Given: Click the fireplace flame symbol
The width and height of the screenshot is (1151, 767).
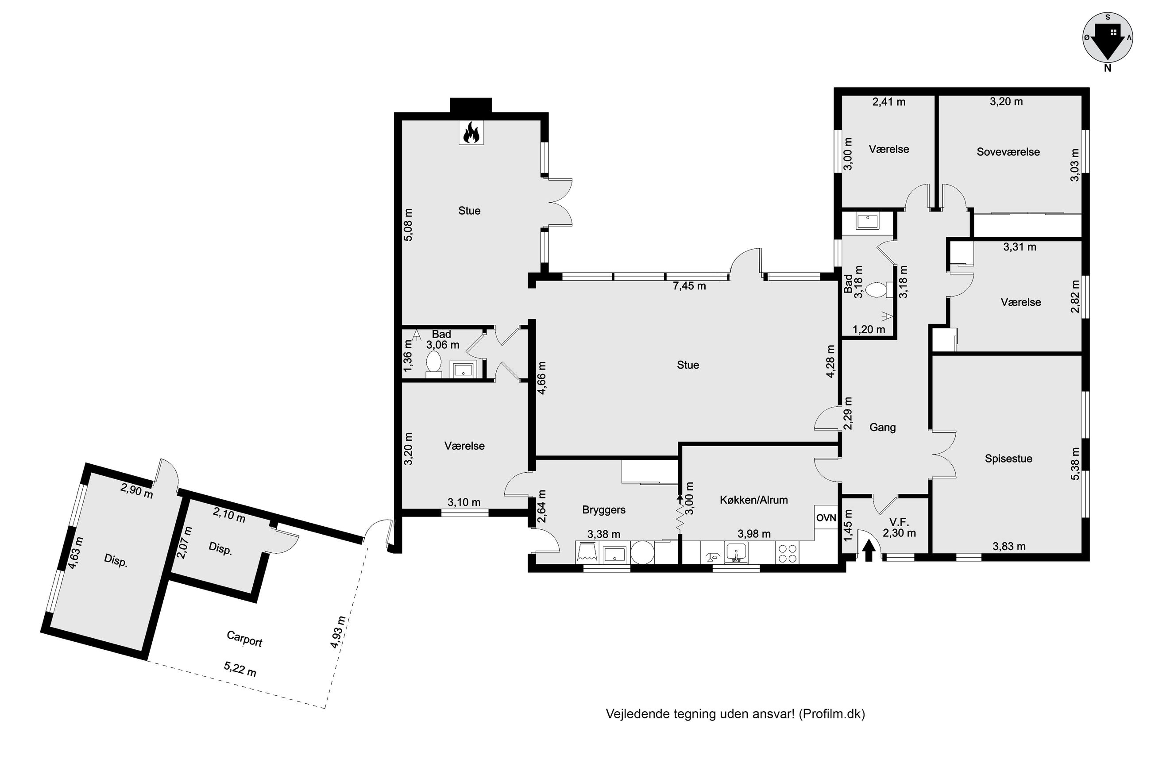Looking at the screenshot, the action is coord(471,133).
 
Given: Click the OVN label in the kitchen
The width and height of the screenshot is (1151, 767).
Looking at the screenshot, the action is coord(826,517).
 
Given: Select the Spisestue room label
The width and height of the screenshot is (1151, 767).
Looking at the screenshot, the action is coord(1008,459).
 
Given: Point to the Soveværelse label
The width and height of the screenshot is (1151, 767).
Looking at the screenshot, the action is coord(1008,152).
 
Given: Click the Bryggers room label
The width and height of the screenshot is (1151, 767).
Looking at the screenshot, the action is coord(604,510).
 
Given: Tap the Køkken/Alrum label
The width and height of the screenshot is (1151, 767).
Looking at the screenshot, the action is coord(754,500).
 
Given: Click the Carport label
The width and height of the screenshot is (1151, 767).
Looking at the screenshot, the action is coord(244,638).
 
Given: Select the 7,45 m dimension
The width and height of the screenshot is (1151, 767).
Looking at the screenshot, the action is coord(689,286).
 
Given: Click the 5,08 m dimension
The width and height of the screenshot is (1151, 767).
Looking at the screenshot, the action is coord(408,224).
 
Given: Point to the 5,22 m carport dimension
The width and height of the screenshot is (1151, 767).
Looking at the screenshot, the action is coord(239,669).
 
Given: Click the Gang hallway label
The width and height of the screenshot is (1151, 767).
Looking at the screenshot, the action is coord(882,428).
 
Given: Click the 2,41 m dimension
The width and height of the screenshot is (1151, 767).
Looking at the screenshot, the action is coord(889,102).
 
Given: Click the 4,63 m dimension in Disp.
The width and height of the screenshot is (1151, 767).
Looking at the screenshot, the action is coord(75,553).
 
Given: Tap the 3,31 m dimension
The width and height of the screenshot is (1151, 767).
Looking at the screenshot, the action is coord(1020,247).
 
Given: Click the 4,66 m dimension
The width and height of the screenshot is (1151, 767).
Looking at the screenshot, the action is coord(541,378).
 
